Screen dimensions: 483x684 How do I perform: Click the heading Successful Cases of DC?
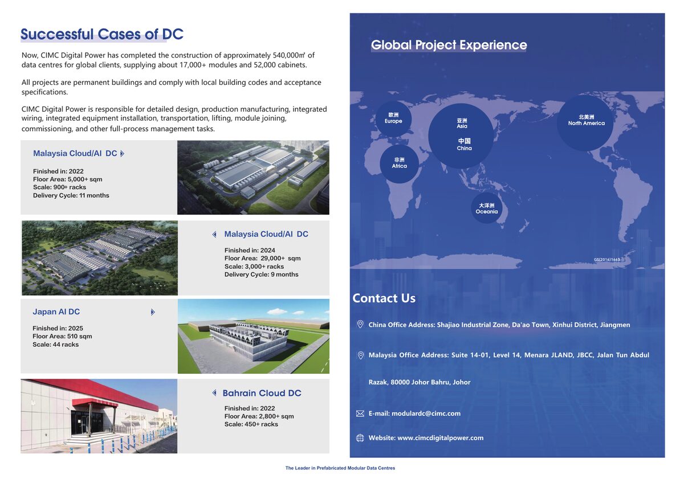click(101, 34)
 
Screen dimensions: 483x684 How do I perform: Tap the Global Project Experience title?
click(449, 45)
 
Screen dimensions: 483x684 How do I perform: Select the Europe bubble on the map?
click(393, 118)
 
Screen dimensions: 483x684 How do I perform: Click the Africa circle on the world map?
click(399, 163)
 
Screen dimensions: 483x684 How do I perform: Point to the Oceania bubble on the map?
click(487, 208)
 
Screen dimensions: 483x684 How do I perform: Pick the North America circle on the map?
click(586, 121)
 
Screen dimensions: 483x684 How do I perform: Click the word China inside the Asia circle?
click(464, 148)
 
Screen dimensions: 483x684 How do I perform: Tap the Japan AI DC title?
click(56, 312)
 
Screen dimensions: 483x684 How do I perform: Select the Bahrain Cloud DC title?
click(262, 393)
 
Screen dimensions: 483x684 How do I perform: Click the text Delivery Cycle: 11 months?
click(71, 195)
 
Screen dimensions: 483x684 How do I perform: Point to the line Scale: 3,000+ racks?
click(254, 266)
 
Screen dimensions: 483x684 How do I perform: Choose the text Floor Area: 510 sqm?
click(62, 336)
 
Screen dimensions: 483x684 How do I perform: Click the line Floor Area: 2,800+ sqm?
click(259, 416)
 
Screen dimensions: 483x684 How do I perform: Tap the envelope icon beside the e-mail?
click(360, 414)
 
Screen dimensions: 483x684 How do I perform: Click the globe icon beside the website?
click(360, 438)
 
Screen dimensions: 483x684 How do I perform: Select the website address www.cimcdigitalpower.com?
click(440, 438)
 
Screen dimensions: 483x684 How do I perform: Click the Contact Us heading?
click(384, 298)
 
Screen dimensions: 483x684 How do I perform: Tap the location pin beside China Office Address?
click(360, 324)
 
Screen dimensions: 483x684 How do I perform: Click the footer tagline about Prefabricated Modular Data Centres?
click(340, 468)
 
